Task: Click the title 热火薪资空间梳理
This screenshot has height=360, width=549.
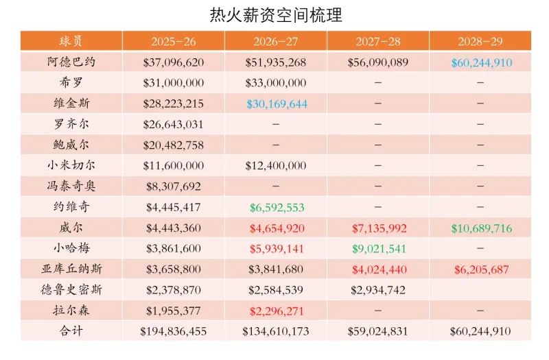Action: coord(275,14)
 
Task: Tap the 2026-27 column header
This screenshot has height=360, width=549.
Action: coord(275,41)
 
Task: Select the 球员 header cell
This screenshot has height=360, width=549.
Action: coord(71,41)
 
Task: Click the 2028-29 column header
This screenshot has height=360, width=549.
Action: coord(480,41)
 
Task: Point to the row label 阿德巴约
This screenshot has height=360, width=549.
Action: coord(72,62)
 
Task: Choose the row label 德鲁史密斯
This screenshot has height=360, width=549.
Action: coord(72,290)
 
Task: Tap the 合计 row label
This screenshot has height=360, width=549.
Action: coord(72,331)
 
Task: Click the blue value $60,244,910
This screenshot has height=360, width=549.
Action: coord(481,62)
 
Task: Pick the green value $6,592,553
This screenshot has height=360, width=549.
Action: coord(276,207)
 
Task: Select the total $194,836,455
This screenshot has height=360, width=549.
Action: coord(173,331)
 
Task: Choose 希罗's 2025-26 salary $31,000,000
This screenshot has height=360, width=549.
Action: coord(174,83)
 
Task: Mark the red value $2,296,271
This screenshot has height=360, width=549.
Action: coord(276,311)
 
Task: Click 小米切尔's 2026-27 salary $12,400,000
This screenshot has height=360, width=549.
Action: coord(276,166)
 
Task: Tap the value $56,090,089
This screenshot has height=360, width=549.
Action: coord(378,62)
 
